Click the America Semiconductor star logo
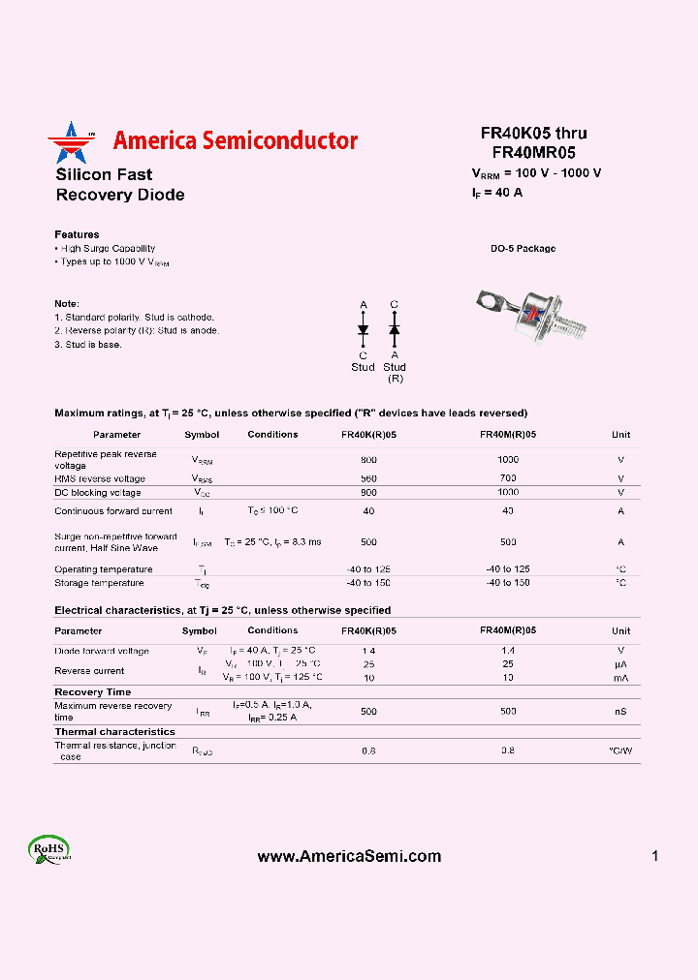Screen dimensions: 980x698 click(67, 142)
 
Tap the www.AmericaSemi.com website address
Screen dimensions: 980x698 click(349, 856)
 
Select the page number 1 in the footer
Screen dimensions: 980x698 click(655, 856)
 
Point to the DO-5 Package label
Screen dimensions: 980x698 click(523, 249)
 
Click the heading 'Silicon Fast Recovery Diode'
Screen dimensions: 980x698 click(119, 185)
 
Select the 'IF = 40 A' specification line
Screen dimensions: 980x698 click(497, 193)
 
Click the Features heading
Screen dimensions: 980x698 click(77, 234)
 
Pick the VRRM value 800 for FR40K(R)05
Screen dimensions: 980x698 click(368, 460)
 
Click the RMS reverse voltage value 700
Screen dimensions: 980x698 click(508, 478)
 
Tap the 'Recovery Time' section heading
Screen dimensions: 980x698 click(92, 691)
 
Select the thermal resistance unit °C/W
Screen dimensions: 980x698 click(620, 750)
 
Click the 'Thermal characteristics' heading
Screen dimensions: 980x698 click(114, 732)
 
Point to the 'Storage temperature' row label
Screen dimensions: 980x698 click(99, 583)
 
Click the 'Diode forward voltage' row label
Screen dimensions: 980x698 click(102, 651)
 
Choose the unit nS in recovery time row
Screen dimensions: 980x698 click(620, 712)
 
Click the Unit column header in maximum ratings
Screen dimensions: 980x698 click(620, 435)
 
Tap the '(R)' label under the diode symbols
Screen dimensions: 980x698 click(395, 378)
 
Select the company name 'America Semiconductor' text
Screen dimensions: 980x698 click(235, 140)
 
